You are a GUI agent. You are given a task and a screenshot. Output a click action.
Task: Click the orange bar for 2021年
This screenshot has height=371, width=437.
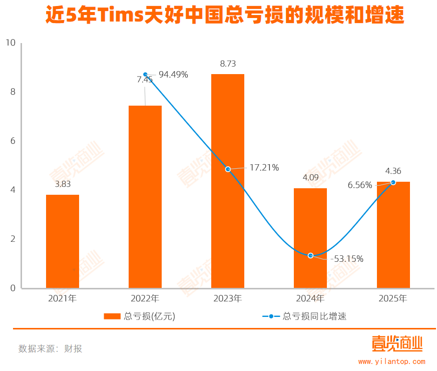click(x=63, y=241)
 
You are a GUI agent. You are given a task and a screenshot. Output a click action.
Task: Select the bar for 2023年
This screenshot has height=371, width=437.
click(x=228, y=181)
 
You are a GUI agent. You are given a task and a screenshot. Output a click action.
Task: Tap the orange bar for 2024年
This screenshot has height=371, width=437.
click(x=310, y=238)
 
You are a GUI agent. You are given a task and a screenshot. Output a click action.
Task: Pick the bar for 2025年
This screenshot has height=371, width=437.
click(x=393, y=235)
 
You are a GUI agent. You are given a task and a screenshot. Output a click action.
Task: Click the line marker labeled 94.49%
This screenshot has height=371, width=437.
click(x=145, y=75)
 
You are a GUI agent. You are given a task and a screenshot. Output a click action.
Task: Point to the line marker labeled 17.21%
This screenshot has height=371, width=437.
click(x=228, y=169)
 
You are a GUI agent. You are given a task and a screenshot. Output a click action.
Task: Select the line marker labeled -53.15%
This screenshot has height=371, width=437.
click(x=311, y=256)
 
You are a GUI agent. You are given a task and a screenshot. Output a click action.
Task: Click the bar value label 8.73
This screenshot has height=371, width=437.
click(x=228, y=64)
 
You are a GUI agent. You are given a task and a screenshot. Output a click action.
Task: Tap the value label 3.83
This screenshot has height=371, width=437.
click(x=63, y=184)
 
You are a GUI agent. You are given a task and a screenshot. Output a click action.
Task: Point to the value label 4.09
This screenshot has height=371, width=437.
click(x=310, y=177)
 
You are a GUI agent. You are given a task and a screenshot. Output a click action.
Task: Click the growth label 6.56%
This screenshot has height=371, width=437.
click(x=360, y=185)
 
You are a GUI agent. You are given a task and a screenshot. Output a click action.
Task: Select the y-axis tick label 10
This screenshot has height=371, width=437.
click(x=11, y=43)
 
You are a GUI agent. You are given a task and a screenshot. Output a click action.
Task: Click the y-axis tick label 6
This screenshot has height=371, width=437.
click(x=13, y=141)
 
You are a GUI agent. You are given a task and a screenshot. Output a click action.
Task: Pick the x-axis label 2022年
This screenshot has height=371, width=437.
click(x=145, y=299)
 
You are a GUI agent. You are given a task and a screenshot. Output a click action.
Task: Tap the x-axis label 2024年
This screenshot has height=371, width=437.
click(x=310, y=299)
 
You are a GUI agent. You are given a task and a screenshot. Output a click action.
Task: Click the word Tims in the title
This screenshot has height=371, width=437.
click(x=119, y=17)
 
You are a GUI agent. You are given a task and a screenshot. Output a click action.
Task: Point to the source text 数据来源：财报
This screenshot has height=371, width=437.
click(x=50, y=349)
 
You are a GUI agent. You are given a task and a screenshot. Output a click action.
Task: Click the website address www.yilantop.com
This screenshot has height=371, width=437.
click(x=392, y=361)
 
